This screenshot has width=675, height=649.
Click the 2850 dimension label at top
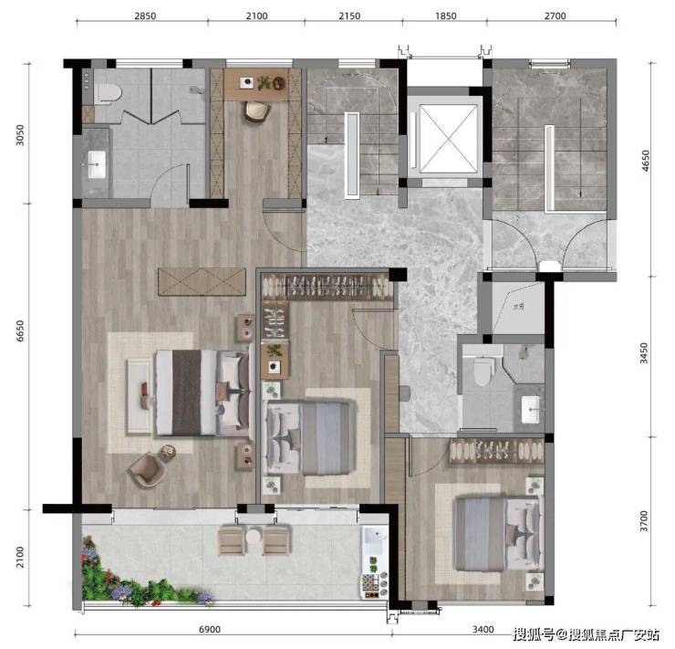[145, 16]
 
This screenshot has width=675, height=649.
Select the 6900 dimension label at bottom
[210, 629]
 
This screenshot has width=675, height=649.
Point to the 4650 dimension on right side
[645, 161]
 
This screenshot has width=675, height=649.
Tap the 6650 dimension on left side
[20, 330]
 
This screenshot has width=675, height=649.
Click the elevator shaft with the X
[449, 139]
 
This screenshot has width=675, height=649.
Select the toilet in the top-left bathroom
[108, 93]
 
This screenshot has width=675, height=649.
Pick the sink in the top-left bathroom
[97, 164]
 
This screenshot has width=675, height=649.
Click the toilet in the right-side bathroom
[483, 372]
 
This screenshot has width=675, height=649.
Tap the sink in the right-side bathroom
[530, 410]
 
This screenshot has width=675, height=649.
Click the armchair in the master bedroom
[148, 470]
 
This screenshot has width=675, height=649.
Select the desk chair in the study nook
[257, 112]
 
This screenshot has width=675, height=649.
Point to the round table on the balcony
[254, 537]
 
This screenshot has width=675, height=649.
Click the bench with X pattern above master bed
[202, 282]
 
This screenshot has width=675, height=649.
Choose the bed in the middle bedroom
[308, 438]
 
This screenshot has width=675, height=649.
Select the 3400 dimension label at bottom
[483, 629]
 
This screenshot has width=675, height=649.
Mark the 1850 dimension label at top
[445, 16]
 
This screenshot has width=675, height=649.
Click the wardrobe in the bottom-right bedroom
[496, 451]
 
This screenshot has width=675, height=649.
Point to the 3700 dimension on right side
[644, 521]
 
